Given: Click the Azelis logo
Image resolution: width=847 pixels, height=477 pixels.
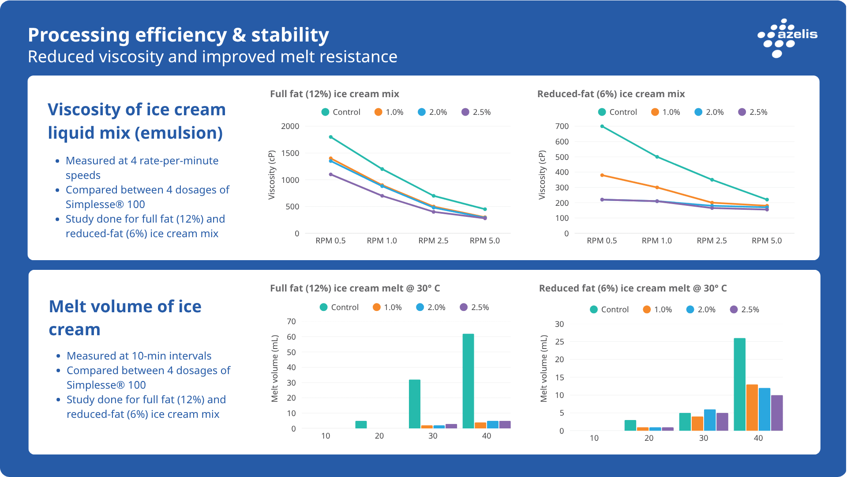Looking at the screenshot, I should (x=787, y=38).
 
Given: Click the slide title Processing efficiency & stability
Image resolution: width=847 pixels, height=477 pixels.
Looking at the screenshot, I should (x=178, y=35).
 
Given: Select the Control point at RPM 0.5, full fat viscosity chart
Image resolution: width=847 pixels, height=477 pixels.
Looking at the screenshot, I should (x=331, y=137).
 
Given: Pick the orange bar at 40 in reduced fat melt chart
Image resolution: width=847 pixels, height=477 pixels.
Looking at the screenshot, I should (x=752, y=407).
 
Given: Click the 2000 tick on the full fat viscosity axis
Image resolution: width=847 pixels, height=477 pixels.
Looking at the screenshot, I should (x=290, y=126).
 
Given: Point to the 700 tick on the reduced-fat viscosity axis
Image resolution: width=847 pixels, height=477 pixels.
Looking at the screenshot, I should (x=562, y=126).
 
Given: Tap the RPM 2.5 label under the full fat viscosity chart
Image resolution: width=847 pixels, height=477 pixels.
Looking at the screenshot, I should (x=433, y=241).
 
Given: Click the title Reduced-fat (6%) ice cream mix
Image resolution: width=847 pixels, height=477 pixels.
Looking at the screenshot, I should (x=611, y=94).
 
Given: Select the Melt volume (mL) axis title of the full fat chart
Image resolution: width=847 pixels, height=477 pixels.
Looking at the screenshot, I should (x=275, y=368).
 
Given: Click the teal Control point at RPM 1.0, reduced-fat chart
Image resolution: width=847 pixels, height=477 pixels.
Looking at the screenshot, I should (x=657, y=157).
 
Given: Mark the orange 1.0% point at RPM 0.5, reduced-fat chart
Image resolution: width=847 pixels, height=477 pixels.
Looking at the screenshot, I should (x=602, y=175).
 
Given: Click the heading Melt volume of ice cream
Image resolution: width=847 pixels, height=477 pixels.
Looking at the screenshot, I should (x=125, y=318).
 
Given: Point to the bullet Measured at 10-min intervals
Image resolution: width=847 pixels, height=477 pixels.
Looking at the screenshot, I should (x=139, y=356).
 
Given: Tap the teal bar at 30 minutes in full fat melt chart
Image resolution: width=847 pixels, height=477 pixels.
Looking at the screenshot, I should (x=414, y=404).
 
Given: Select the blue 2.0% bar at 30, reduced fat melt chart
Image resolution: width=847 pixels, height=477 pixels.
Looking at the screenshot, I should (x=709, y=420).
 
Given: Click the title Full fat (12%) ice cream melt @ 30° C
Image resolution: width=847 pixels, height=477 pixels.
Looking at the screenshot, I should (x=355, y=288).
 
